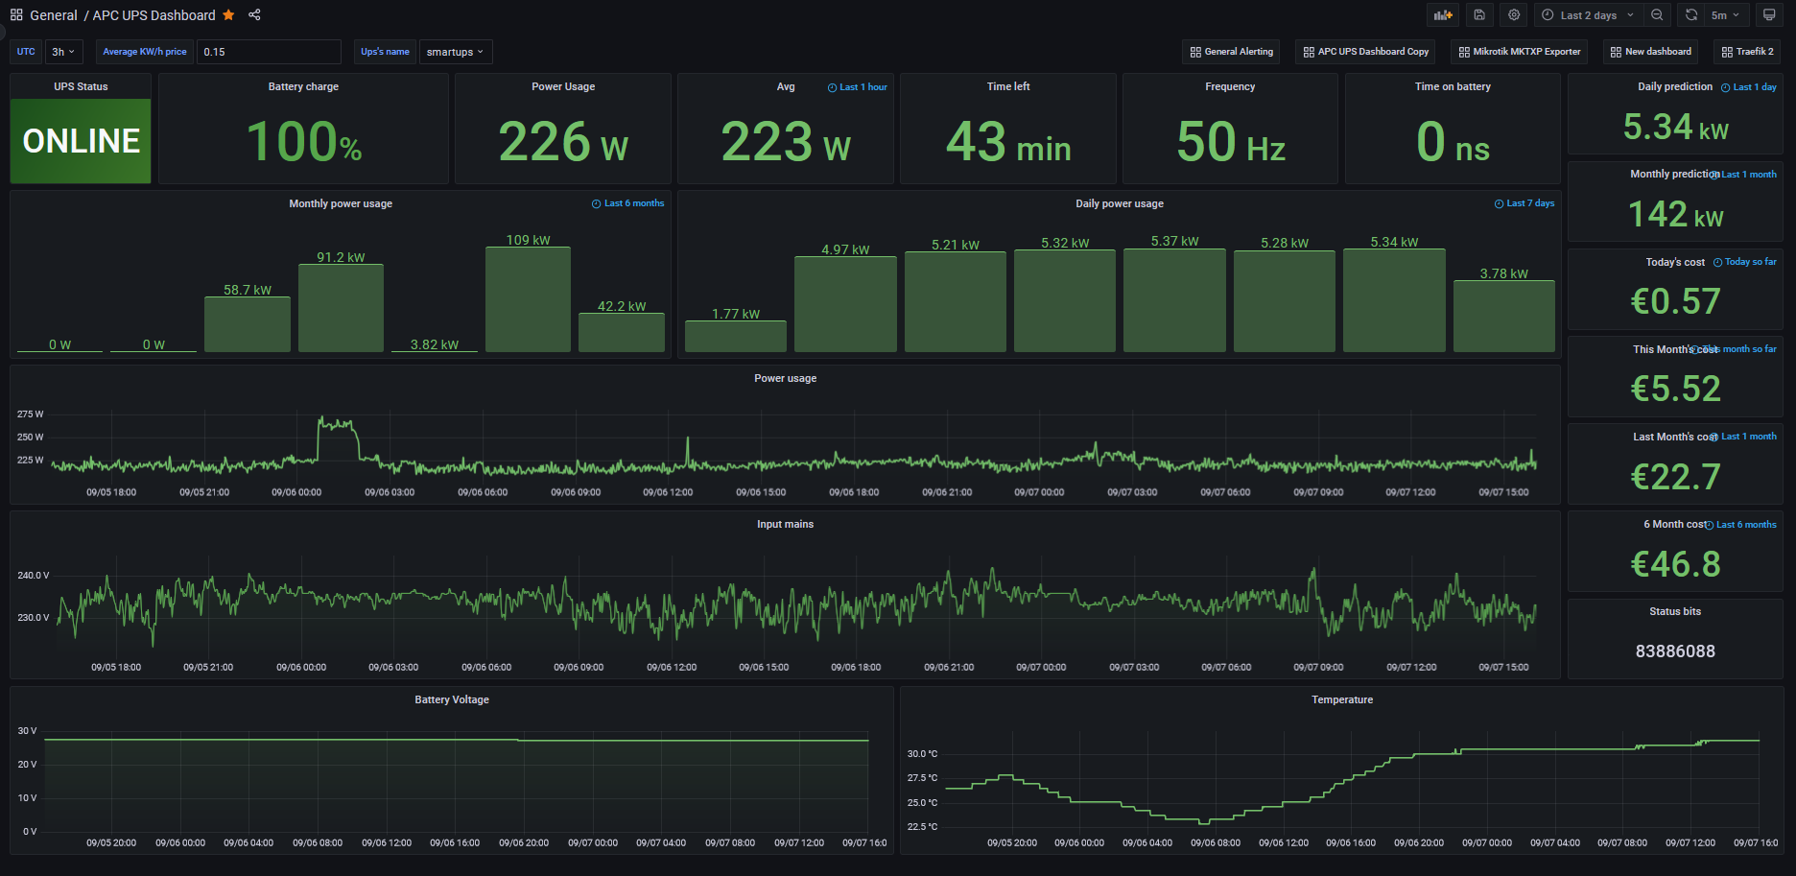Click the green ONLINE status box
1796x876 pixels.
81,140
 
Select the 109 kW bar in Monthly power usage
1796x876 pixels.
528,299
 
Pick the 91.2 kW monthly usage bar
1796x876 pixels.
341,308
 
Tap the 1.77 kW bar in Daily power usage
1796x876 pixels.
735,336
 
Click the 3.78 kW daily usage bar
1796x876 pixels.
1503,316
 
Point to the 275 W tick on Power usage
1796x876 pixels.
30,414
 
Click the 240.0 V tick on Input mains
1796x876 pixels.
33,576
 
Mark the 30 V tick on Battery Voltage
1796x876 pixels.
27,731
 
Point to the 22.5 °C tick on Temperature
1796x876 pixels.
922,827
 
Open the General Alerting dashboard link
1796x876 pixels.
1232,52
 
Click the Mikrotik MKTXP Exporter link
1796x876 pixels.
1520,52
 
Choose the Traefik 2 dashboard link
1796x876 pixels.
1748,52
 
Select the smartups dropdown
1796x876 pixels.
455,52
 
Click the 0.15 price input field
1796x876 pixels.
269,52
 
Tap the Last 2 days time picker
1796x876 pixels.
1588,15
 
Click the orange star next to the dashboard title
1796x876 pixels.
228,15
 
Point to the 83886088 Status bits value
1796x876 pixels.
1675,651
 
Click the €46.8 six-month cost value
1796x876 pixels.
1675,564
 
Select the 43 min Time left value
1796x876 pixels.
1008,142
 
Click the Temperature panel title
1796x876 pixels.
1341,699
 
